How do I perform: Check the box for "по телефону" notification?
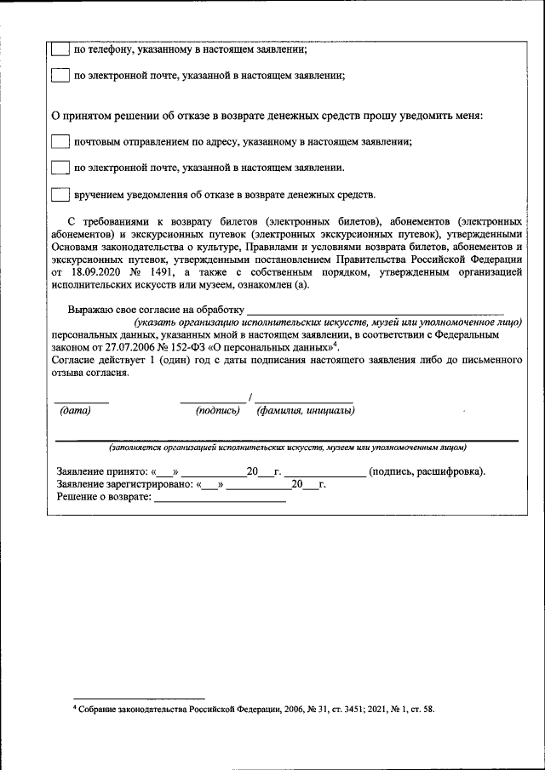60,50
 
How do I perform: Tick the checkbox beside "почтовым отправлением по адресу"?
60,141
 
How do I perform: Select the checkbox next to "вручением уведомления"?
60,194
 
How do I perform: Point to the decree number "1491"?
159,272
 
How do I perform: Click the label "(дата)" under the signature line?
75,410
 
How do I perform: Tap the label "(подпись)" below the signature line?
217,410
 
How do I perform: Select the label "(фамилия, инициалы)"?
306,410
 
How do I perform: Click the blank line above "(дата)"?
82,400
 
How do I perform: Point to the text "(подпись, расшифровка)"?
426,471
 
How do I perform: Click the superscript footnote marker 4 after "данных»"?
337,344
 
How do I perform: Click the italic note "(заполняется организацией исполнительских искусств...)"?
286,448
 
